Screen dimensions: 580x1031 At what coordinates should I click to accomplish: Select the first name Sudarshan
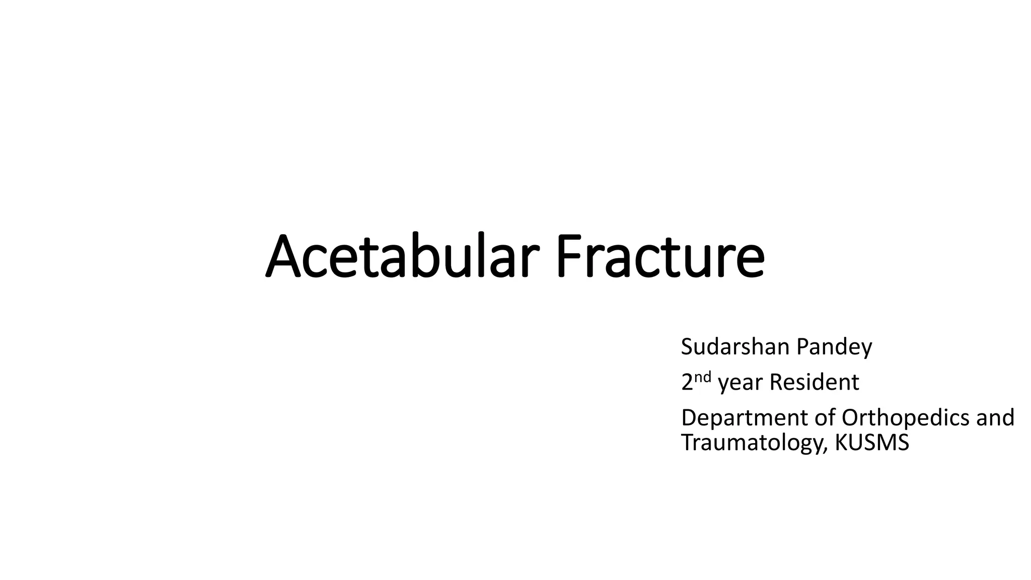[x=735, y=347]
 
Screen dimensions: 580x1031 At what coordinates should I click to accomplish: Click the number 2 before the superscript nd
[x=687, y=383]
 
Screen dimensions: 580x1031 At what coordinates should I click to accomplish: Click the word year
[x=741, y=384]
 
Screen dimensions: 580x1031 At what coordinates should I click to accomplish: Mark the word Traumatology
[x=753, y=443]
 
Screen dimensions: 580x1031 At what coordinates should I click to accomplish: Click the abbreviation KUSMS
[x=872, y=443]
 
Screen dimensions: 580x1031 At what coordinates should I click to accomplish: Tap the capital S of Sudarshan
[x=687, y=347]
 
